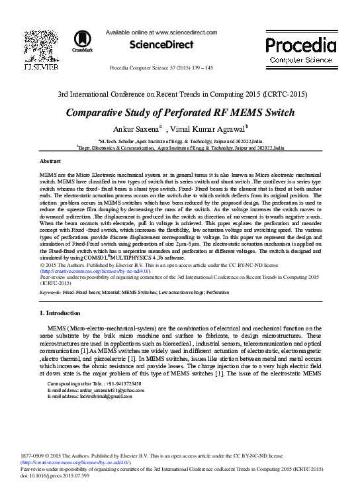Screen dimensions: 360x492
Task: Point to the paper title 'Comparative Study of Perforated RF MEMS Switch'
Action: point(179,112)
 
